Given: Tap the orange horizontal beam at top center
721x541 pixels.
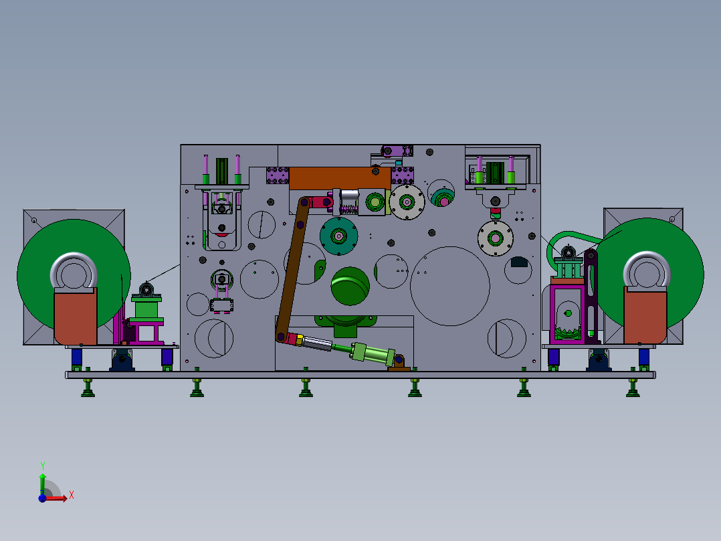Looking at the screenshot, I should tap(339, 177).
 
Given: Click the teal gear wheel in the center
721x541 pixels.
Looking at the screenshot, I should tap(338, 235).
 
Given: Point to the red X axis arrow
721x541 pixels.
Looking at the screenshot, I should tap(60, 497).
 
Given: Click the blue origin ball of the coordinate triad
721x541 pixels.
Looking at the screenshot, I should tap(42, 497).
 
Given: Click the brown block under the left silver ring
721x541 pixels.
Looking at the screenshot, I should tap(75, 316).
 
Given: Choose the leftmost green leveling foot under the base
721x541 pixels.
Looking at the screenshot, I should tap(88, 389).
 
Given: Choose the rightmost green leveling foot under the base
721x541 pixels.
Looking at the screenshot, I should tap(632, 389).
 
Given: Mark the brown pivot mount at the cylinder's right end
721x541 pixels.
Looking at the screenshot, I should tap(399, 364).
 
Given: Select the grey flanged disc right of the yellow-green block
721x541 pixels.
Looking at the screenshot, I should tap(407, 201).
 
